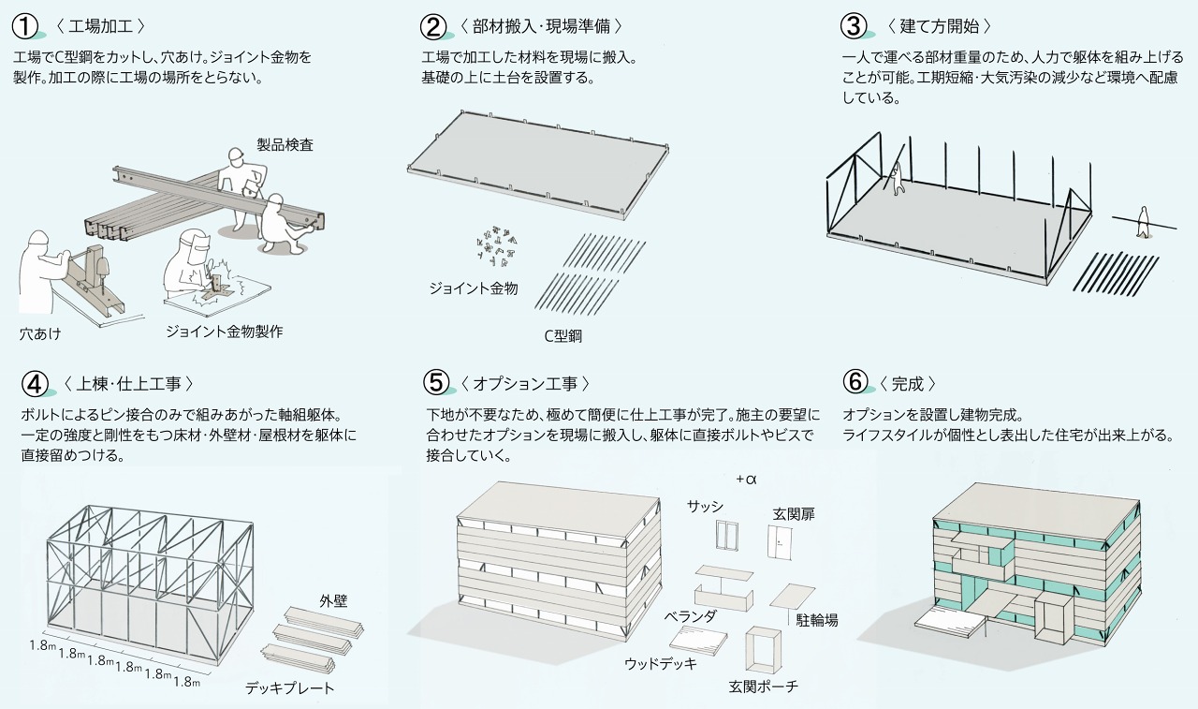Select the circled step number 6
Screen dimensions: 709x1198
[x=856, y=383]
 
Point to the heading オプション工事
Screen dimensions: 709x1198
[x=523, y=383]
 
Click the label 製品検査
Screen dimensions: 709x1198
[x=285, y=145]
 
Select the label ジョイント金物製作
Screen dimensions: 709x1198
[x=224, y=332]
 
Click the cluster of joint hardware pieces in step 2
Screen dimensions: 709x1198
[x=497, y=244]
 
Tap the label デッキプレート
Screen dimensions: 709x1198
[x=289, y=688]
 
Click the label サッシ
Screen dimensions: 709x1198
[x=705, y=507]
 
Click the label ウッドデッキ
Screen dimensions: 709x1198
[x=661, y=664]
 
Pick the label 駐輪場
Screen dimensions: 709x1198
[x=816, y=620]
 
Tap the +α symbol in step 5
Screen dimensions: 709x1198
[x=746, y=480]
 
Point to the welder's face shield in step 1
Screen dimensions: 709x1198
[x=193, y=250]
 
